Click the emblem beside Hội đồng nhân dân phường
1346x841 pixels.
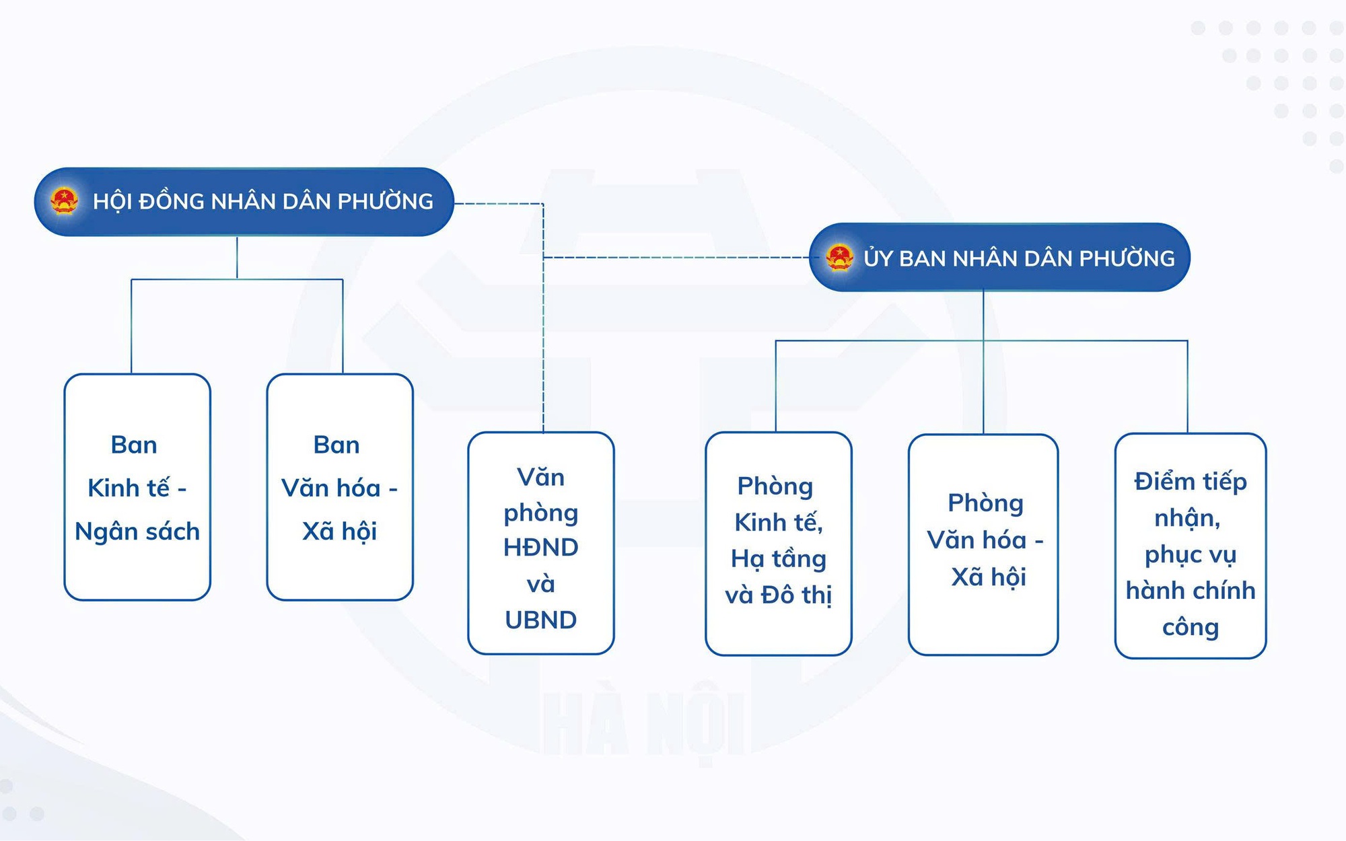pos(65,200)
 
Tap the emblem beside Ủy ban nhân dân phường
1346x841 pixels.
pos(839,258)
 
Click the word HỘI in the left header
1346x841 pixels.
pos(112,201)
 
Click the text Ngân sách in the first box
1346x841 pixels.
pos(137,532)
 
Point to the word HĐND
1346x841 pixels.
pos(541,548)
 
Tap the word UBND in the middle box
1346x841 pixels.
pos(541,620)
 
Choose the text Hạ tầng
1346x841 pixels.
pos(779,559)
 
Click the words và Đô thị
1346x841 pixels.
pos(779,595)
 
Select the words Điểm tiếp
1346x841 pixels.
pos(1191,482)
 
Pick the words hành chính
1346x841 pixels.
pos(1191,591)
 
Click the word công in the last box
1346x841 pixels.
pos(1191,628)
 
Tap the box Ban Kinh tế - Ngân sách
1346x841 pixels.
pos(137,487)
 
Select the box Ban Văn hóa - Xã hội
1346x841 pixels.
pos(340,487)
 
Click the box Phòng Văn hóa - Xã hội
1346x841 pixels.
pos(983,544)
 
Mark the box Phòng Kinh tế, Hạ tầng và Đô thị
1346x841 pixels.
pos(779,544)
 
